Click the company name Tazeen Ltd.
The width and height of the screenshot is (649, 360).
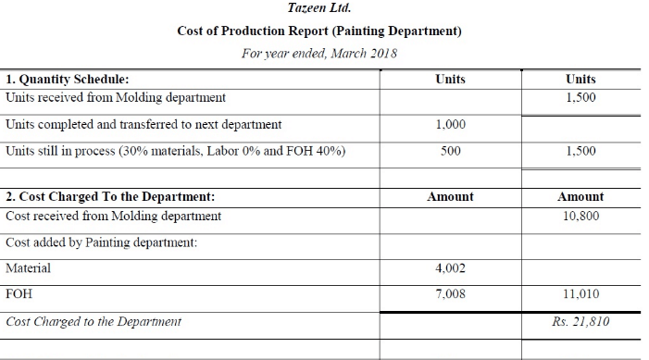coord(319,8)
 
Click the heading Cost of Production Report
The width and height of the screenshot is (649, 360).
coord(319,31)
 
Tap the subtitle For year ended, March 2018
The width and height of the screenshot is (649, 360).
coord(319,53)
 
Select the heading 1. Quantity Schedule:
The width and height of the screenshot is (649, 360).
coord(68,80)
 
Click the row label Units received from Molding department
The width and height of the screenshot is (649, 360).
coord(116,97)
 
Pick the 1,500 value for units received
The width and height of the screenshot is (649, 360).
coord(580,97)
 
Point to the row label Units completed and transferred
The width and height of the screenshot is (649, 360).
coord(144,124)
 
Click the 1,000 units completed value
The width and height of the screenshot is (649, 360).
coord(450,124)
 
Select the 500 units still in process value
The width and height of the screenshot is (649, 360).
coord(451,151)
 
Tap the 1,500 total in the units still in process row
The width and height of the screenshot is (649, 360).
coord(580,151)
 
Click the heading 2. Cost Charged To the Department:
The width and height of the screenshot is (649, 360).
coord(110,196)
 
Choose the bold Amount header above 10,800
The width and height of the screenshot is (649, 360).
coord(580,196)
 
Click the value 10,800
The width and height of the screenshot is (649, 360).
coord(580,216)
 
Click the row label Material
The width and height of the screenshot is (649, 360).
coord(29,268)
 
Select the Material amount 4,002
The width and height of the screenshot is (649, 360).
coord(450,268)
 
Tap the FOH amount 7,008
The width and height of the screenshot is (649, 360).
coord(450,294)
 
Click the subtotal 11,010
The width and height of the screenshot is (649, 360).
coord(580,294)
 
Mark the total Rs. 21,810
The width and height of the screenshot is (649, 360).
coord(580,322)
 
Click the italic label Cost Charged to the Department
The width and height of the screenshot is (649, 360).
coord(94,322)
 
